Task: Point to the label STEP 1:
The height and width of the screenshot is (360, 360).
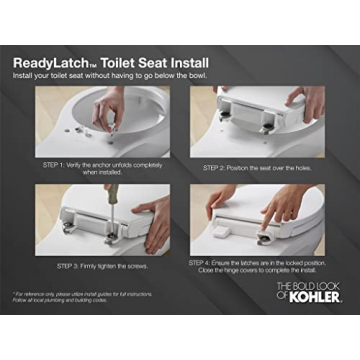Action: point(56,163)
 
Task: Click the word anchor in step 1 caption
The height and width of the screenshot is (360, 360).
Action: point(104,163)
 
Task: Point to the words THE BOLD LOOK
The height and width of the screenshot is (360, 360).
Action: point(310,284)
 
